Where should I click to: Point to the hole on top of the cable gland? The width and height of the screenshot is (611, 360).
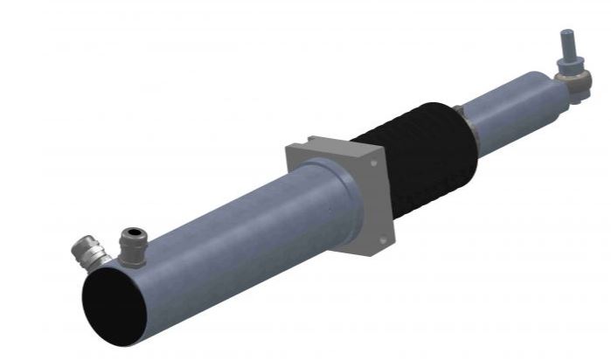pyautogui.click(x=133, y=232)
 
